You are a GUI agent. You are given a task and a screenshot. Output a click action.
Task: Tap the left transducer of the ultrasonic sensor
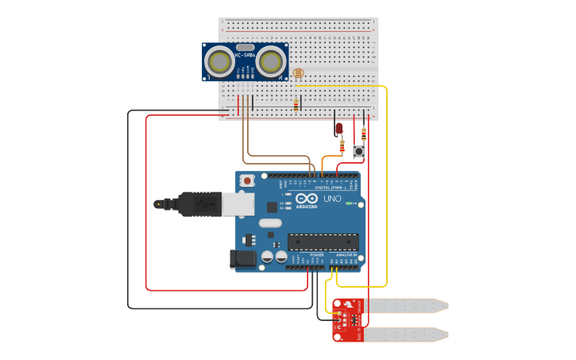coord(218,61)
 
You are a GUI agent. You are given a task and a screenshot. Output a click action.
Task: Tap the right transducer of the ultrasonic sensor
coord(272,61)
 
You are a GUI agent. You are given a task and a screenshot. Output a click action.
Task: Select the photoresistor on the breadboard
coord(298,75)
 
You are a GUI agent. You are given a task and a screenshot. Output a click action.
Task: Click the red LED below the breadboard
coord(338,128)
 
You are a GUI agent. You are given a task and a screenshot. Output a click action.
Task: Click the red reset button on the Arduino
coord(247,180)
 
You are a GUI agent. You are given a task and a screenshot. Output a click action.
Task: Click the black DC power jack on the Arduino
coord(243,258)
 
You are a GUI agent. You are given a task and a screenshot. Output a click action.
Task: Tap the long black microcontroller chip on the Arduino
coord(323,242)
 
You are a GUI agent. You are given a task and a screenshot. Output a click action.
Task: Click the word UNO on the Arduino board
coord(331,199)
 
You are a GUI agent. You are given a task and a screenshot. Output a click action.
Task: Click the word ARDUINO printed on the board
coord(307,207)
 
